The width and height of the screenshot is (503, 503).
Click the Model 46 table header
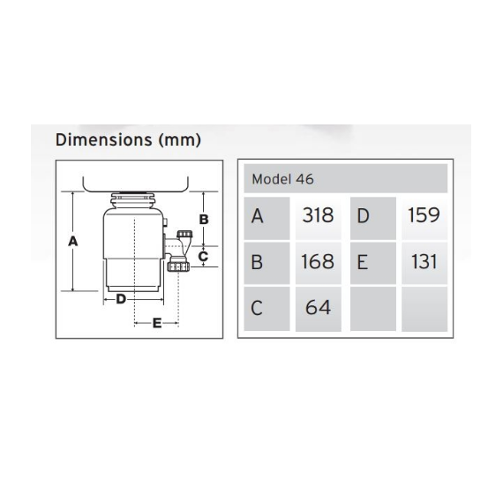pos(282,178)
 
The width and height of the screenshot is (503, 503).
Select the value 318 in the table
pos(318,215)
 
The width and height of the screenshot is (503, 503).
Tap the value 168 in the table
pos(318,261)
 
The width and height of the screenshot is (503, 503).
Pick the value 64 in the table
pos(318,308)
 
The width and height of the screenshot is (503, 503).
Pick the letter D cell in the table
pos(363,215)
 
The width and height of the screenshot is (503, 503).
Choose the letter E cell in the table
pos(363,261)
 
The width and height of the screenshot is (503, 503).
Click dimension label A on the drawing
pos(73,240)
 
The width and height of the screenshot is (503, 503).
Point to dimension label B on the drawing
pos(203,218)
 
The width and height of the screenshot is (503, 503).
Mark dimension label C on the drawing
pos(203,256)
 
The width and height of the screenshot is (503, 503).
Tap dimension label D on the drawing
pos(121,298)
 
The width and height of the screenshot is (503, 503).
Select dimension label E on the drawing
pos(156,323)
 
